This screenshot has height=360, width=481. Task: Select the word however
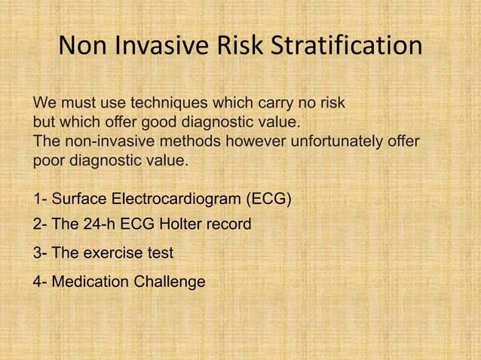click(x=250, y=142)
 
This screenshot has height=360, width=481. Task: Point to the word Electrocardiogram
click(x=176, y=200)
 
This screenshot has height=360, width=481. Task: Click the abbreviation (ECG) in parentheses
click(x=268, y=200)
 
